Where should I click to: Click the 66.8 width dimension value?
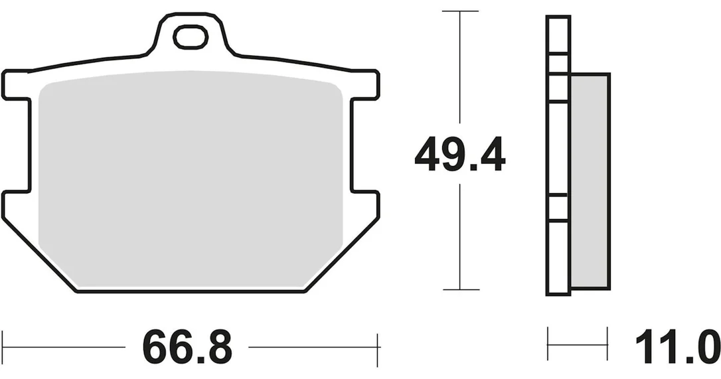(x=187, y=346)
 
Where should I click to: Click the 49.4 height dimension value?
(x=460, y=153)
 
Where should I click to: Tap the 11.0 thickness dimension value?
(x=677, y=346)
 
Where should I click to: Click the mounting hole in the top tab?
(x=190, y=37)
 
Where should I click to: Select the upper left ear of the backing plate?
(x=17, y=85)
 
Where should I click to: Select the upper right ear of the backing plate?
(x=365, y=85)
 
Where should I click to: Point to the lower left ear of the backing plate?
(x=17, y=203)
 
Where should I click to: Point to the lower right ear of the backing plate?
(x=365, y=203)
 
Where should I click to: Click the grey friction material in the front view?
(x=191, y=179)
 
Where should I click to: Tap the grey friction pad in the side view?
(x=590, y=181)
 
